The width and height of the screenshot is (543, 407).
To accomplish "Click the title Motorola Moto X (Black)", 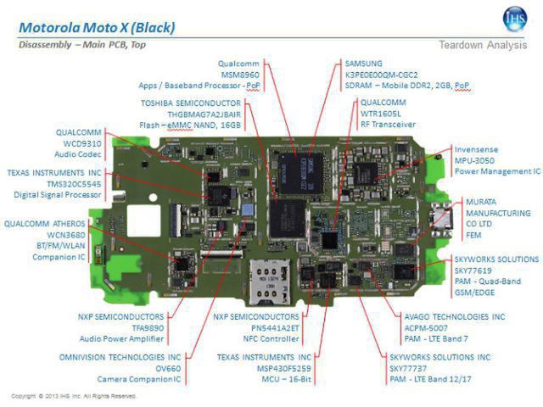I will (97, 27).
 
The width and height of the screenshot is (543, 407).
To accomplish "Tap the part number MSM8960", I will (242, 74).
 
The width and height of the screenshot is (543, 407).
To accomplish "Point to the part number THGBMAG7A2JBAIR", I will (193, 114).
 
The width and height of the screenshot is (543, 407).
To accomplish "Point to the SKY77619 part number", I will (477, 270).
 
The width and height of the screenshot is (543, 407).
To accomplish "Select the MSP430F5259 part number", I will (260, 369).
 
